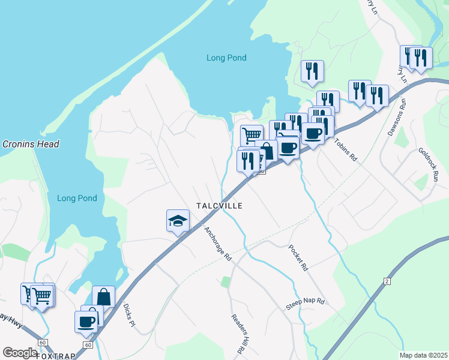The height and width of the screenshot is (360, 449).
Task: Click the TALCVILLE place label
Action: tap(219, 206)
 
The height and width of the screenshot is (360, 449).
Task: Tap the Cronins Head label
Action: tap(30, 144)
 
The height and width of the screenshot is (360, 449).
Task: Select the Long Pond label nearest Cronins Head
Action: tap(77, 198)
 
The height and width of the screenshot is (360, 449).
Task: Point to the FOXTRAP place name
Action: tap(56, 356)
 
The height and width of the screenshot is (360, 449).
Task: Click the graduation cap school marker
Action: tap(178, 221)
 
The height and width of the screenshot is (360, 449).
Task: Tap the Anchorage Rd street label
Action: tap(217, 244)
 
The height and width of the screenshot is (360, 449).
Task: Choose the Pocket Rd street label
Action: tap(298, 259)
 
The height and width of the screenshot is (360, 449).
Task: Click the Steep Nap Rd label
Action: tap(305, 304)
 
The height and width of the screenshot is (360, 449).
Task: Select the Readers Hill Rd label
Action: tap(238, 334)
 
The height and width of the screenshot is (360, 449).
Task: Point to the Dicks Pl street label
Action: tap(128, 316)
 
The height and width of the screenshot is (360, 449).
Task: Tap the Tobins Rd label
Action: tap(346, 150)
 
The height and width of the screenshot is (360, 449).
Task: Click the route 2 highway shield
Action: tap(387, 281)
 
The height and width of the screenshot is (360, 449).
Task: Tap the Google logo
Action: tap(20, 353)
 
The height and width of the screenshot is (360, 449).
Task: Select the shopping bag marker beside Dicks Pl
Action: tap(103, 296)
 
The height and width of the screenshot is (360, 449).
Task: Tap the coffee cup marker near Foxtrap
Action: tap(86, 320)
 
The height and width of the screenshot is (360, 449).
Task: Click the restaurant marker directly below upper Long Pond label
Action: tap(312, 71)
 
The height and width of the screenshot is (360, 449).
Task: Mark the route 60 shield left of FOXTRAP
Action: tap(42, 342)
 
